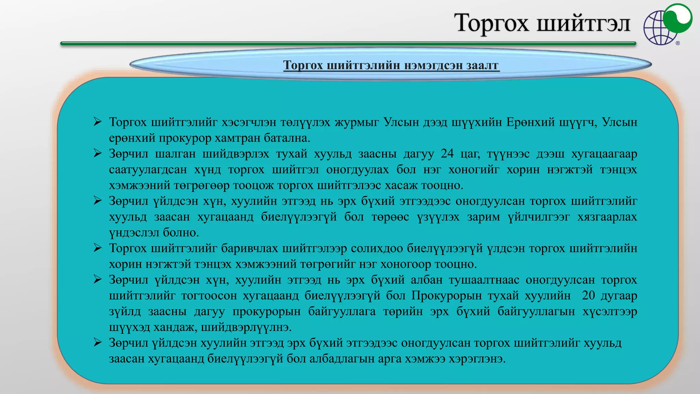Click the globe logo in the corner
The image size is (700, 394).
pos(667,25)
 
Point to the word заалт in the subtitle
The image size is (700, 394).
pos(482,65)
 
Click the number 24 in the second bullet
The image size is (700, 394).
pos(447,154)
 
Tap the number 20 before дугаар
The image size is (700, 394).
pos(588,295)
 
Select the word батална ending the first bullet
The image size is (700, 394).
pos(286,138)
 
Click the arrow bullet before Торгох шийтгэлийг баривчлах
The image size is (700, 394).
pos(97,248)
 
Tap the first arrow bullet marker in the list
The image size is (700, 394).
pos(97,122)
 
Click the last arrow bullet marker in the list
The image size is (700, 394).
pos(97,342)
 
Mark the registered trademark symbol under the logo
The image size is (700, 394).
pos(678,43)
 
